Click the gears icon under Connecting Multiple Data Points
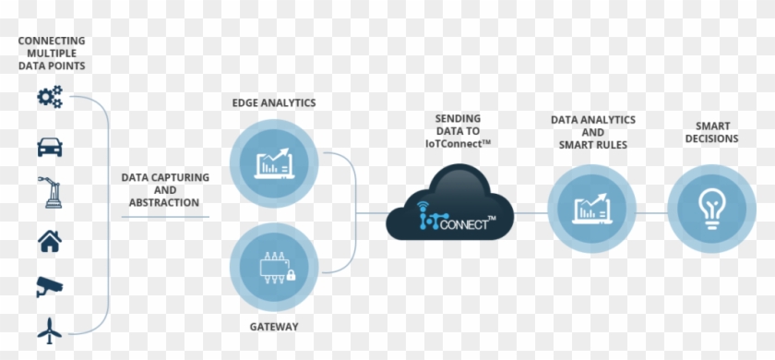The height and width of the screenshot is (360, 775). pos(50,96)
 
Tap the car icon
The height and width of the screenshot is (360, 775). pos(50,146)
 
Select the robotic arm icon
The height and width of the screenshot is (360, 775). pos(50,193)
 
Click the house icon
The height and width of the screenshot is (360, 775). pos(50,242)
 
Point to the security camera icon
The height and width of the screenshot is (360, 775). pos(50,287)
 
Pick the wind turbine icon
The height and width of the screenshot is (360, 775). pos(50,330)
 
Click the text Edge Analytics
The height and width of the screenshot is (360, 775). pos(274,102)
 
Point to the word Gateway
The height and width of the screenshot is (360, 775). pos(273,327)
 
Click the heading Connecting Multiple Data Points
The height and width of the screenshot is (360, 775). pos(51,54)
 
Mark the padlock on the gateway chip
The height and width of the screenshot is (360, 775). pos(290,275)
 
